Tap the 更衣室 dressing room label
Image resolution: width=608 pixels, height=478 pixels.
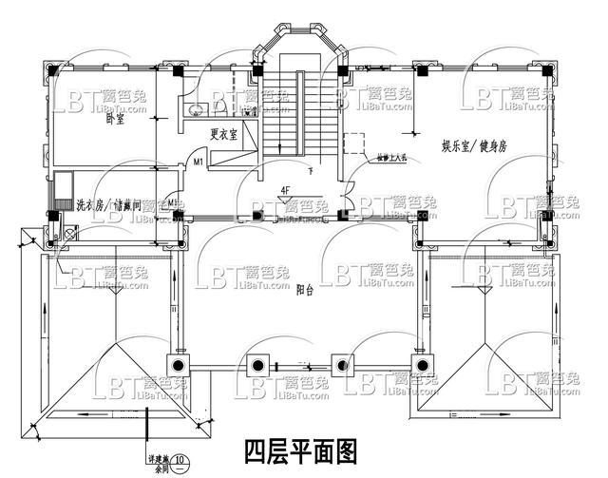224,134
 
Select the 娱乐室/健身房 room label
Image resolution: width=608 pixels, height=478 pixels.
476,147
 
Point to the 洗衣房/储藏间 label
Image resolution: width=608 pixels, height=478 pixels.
109,204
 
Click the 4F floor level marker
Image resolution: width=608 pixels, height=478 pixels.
284,190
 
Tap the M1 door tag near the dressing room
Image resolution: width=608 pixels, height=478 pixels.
199,163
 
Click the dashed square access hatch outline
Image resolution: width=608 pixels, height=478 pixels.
353,143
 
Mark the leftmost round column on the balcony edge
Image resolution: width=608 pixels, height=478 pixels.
178,364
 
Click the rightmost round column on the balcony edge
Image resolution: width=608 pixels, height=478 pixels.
420,364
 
